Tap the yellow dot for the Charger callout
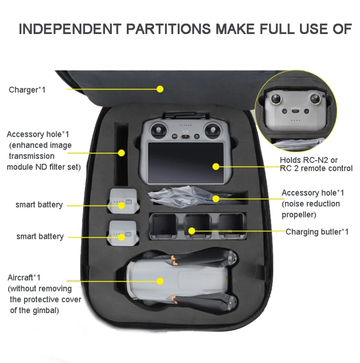pyautogui.click(x=160, y=89)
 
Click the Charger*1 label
pyautogui.click(x=27, y=90)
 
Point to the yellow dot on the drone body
pyautogui.click(x=160, y=281)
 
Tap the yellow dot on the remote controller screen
pyautogui.click(x=216, y=167)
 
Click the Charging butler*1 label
pyautogui.click(x=317, y=232)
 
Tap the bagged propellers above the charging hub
pyautogui.click(x=182, y=197)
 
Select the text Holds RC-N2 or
pyautogui.click(x=309, y=160)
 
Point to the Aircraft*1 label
pyautogui.click(x=24, y=278)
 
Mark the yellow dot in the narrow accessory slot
pyautogui.click(x=121, y=153)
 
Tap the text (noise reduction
pyautogui.click(x=311, y=203)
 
